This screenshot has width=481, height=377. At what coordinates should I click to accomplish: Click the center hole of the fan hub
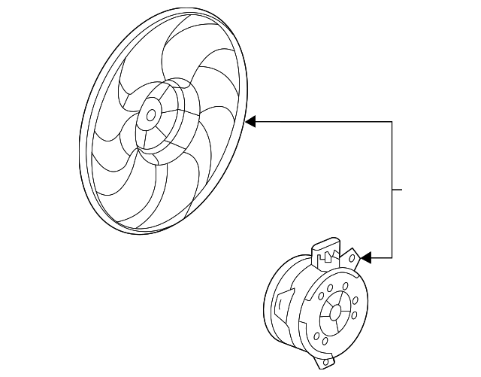click(x=151, y=115)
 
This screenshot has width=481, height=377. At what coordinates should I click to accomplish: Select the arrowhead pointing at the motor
click(x=366, y=258)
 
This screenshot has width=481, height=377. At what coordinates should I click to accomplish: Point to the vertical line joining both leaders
click(x=392, y=188)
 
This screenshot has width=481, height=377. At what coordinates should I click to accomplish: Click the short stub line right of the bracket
click(x=398, y=189)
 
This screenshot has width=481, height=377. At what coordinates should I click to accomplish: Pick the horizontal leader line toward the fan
click(x=323, y=120)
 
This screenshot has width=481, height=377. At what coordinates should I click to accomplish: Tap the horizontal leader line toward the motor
click(x=380, y=258)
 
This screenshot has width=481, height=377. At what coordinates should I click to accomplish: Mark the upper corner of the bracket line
click(x=392, y=120)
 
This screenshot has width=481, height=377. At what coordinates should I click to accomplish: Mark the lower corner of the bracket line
click(x=392, y=258)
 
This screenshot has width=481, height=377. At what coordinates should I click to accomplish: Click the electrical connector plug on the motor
click(x=324, y=251)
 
